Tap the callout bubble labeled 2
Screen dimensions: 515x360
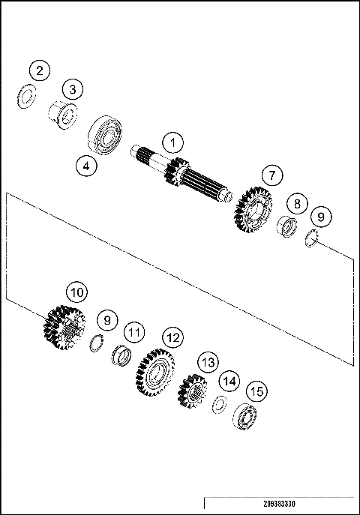pyautogui.click(x=40, y=71)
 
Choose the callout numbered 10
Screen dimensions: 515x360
pyautogui.click(x=75, y=291)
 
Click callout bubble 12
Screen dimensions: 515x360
pyautogui.click(x=172, y=337)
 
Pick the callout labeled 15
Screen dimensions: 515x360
pyautogui.click(x=256, y=391)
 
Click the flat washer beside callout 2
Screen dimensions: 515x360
pyautogui.click(x=26, y=96)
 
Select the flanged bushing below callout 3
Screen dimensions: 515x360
pyautogui.click(x=62, y=115)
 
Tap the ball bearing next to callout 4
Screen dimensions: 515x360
pyautogui.click(x=106, y=135)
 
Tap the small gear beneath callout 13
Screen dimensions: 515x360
pyautogui.click(x=193, y=391)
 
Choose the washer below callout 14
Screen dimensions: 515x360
pyautogui.click(x=220, y=404)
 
